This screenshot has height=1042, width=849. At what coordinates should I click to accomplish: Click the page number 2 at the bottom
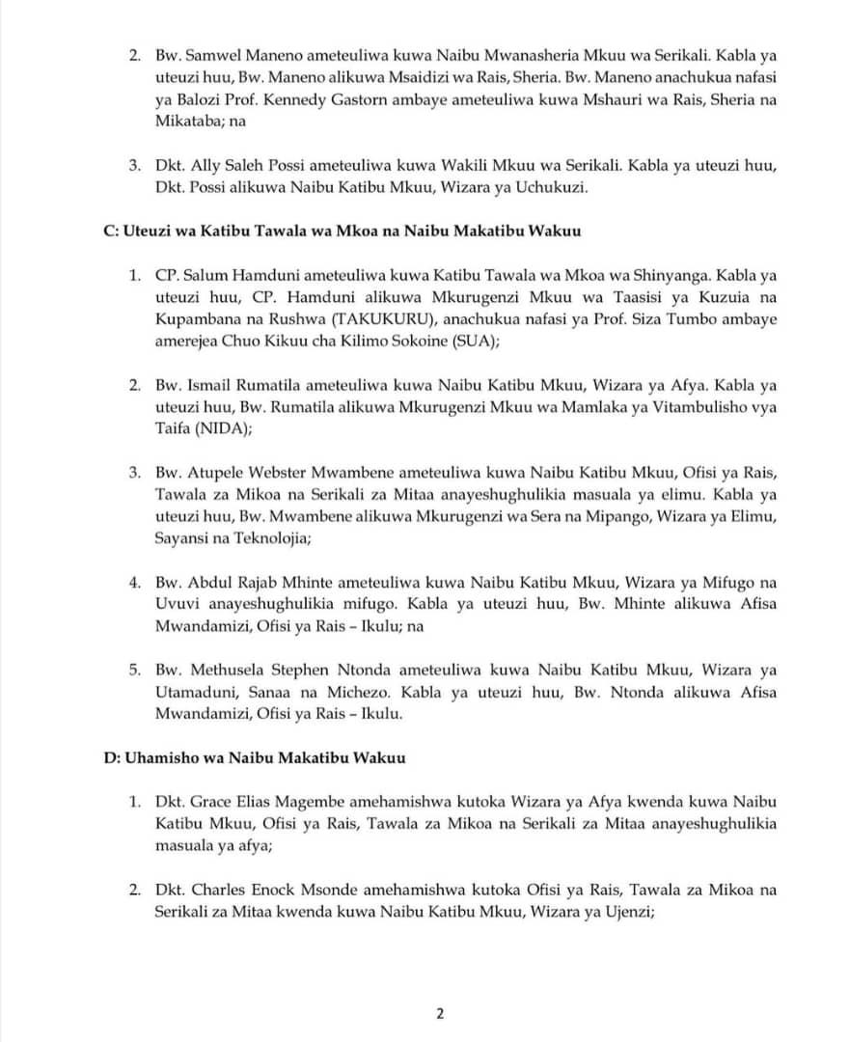click(x=440, y=1014)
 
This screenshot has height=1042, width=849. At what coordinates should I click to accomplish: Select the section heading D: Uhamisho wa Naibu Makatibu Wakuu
click(x=254, y=757)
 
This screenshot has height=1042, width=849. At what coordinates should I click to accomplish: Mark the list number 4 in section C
click(x=135, y=583)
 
